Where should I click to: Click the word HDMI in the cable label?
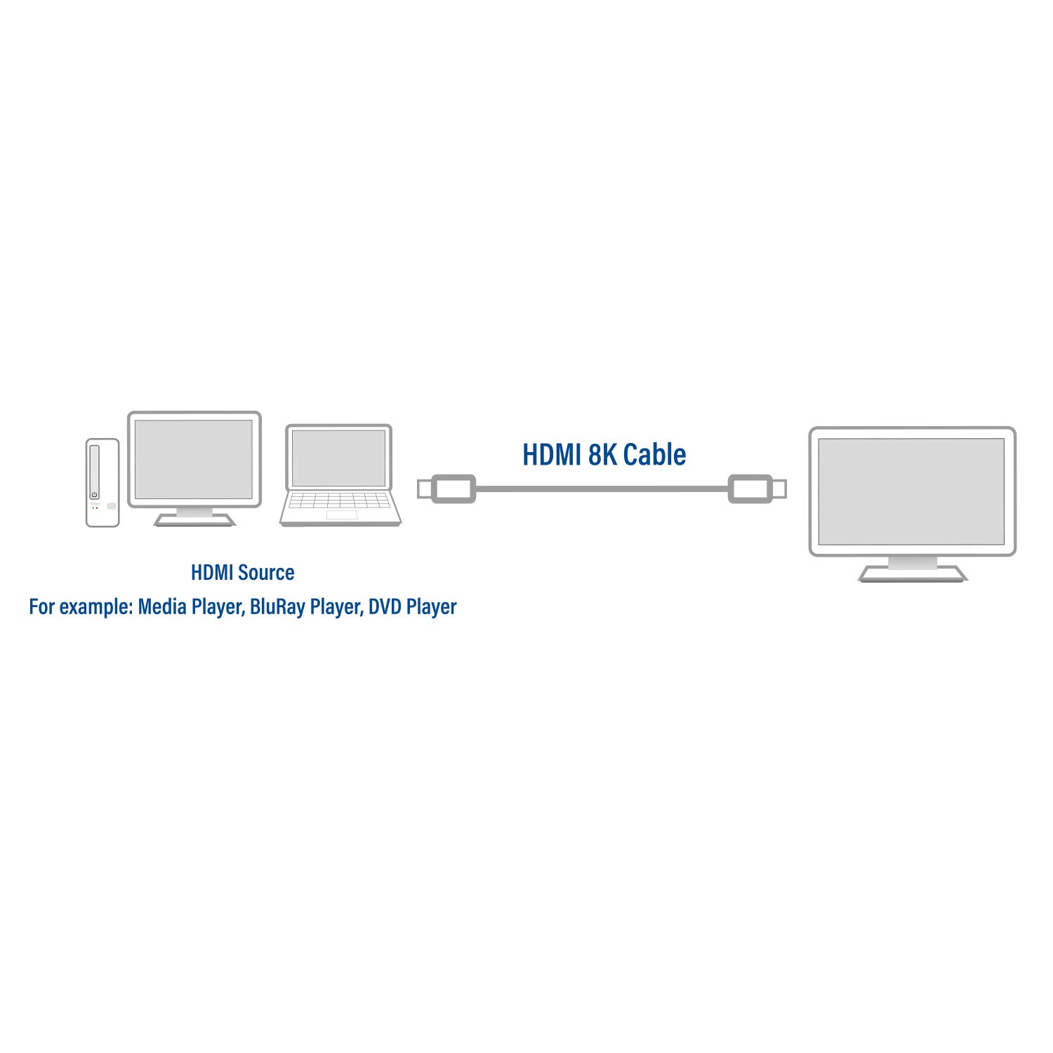(x=552, y=455)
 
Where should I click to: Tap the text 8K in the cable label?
(x=603, y=455)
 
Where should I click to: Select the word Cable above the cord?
(x=654, y=455)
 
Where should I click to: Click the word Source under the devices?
(x=266, y=573)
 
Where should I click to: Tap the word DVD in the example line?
(x=385, y=607)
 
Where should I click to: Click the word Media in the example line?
(x=162, y=607)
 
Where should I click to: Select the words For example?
(x=81, y=607)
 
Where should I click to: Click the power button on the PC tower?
(x=94, y=494)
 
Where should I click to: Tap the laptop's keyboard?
(x=340, y=501)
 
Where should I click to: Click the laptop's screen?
(x=338, y=458)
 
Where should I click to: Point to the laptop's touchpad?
(x=341, y=515)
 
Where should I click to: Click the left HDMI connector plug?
(x=446, y=489)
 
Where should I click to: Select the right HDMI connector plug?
(x=757, y=489)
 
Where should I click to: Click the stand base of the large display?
(x=912, y=574)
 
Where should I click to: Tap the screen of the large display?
(x=911, y=491)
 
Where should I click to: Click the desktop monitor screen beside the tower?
(x=194, y=459)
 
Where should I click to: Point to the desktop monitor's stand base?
(x=194, y=520)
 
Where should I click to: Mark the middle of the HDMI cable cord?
(x=602, y=489)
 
